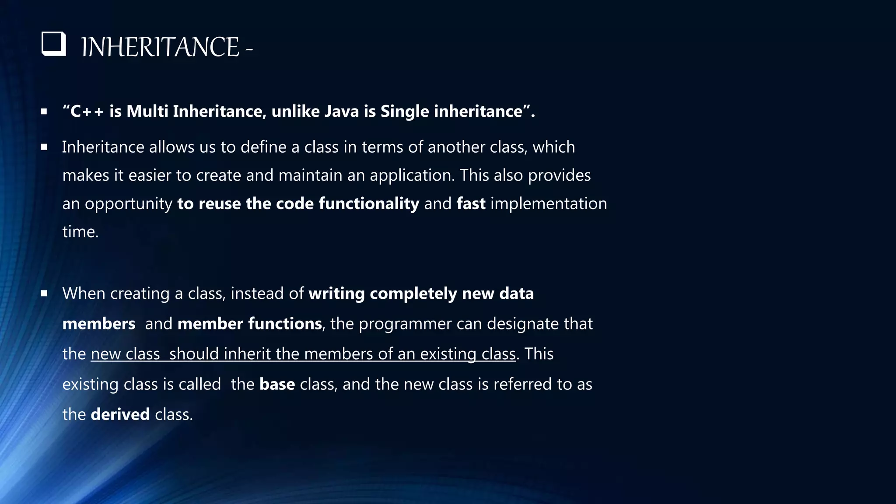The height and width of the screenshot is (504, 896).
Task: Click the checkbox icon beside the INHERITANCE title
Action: pyautogui.click(x=53, y=44)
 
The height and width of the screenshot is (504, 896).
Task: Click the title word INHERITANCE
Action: pyautogui.click(x=160, y=47)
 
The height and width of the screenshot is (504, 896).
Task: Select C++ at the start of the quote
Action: pyautogui.click(x=87, y=112)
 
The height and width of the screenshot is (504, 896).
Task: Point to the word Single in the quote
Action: pyautogui.click(x=404, y=112)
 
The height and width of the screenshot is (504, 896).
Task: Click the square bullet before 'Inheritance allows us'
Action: pyautogui.click(x=44, y=147)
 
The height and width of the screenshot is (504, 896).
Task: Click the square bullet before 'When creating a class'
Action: pyautogui.click(x=44, y=294)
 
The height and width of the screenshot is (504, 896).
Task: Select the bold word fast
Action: pyautogui.click(x=471, y=204)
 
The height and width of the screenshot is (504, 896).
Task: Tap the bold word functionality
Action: pyautogui.click(x=369, y=204)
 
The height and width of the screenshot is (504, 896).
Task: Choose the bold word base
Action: pyautogui.click(x=277, y=385)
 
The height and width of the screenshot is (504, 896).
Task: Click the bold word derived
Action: pyautogui.click(x=120, y=415)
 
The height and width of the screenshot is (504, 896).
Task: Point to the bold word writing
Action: pyautogui.click(x=336, y=294)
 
